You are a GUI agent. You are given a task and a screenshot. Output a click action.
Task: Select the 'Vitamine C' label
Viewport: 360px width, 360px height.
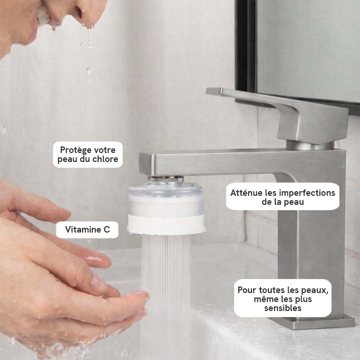[87, 230]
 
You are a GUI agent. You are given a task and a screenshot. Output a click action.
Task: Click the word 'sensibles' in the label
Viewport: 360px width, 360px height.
[283, 308]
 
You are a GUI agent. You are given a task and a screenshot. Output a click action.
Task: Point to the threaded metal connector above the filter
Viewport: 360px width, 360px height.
[166, 179]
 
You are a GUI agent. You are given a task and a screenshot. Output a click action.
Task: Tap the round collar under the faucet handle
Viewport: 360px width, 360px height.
[310, 145]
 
